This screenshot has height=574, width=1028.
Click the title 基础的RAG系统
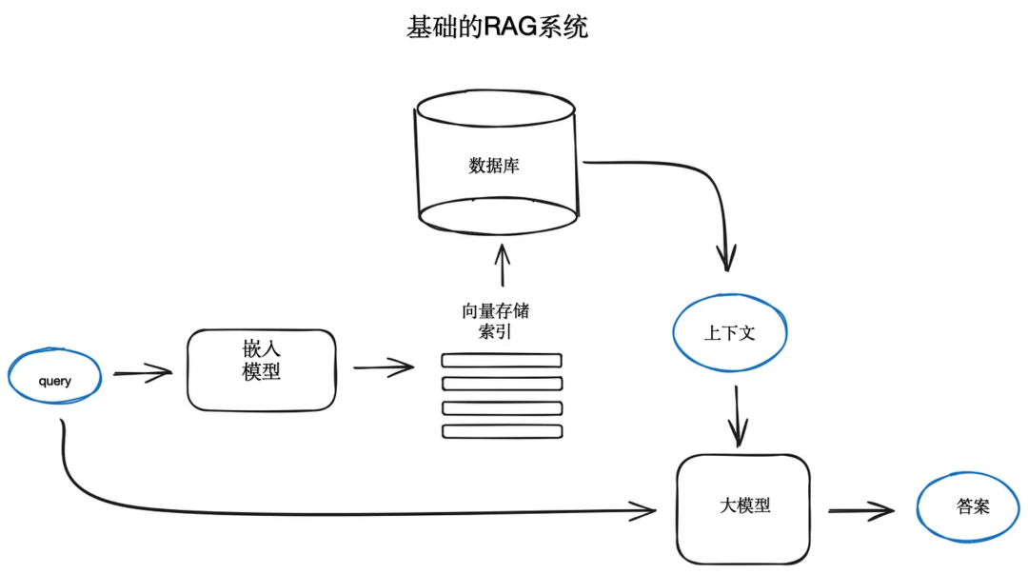click(497, 28)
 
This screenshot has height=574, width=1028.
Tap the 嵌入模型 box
click(262, 370)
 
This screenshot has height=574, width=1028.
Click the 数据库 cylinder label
click(494, 165)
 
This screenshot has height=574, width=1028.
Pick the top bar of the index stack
click(502, 361)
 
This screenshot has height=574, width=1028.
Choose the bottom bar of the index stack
click(502, 431)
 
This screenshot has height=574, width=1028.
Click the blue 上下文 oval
click(730, 333)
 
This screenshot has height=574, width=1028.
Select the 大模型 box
click(743, 506)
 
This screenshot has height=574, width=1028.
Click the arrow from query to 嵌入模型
click(143, 374)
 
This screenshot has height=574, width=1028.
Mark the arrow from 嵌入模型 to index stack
click(384, 367)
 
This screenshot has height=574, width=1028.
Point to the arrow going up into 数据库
click(503, 267)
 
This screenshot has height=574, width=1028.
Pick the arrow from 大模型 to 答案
click(860, 511)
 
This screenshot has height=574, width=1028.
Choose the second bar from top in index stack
click(502, 385)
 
